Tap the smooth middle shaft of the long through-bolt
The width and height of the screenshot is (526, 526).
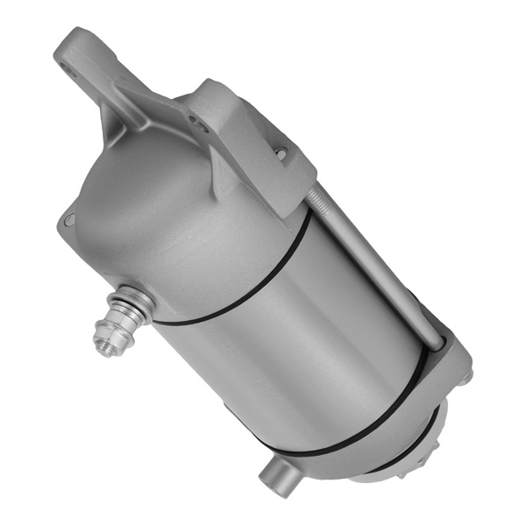[x=386, y=272]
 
